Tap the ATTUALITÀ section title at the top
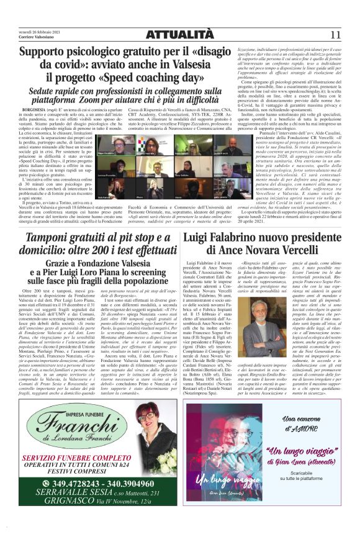click(x=179, y=35)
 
